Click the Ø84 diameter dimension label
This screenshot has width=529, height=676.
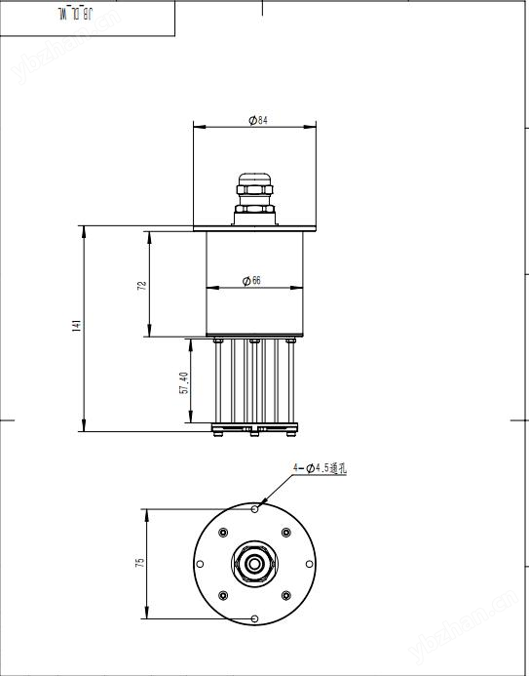[258, 119]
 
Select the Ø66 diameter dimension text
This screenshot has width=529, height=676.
[254, 281]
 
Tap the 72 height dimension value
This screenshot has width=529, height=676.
[142, 285]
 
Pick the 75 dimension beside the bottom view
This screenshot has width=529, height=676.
[139, 564]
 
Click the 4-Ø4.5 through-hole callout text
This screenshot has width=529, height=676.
[321, 469]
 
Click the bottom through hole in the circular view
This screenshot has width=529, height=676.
[254, 618]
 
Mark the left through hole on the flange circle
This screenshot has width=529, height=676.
[200, 564]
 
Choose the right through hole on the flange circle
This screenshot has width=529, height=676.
[309, 564]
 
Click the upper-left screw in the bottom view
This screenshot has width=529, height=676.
[223, 533]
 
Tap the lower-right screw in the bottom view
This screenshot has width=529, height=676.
[285, 595]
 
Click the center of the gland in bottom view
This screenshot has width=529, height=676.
[254, 564]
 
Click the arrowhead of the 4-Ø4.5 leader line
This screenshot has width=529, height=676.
[258, 506]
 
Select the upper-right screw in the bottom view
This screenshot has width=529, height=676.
[285, 533]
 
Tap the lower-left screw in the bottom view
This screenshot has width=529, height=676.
[223, 595]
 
